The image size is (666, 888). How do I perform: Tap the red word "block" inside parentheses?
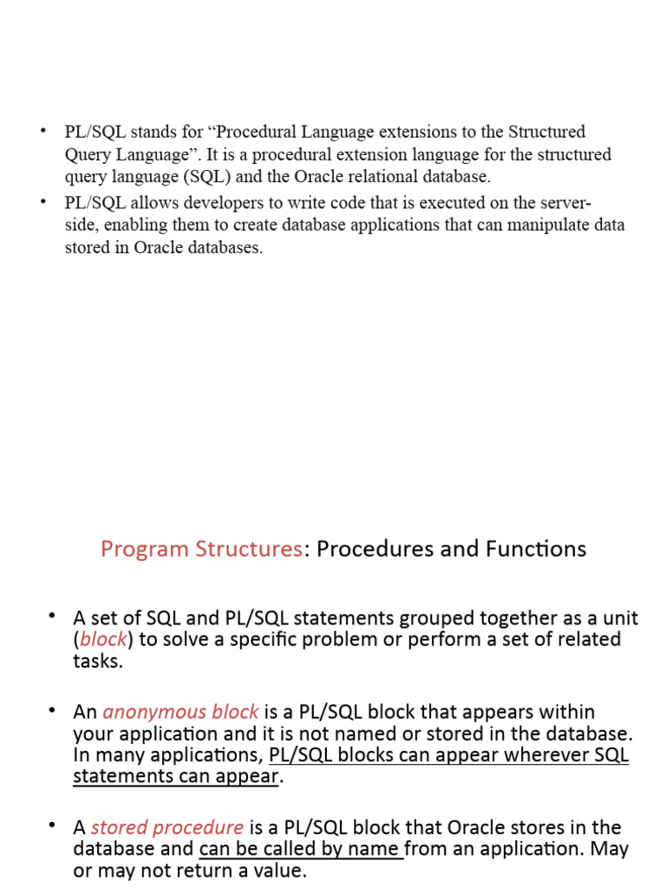(x=103, y=640)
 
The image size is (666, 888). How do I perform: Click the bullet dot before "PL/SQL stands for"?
(x=41, y=131)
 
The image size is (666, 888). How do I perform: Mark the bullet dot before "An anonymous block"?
(x=52, y=710)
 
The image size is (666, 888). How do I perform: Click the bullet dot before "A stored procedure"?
(x=52, y=826)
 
